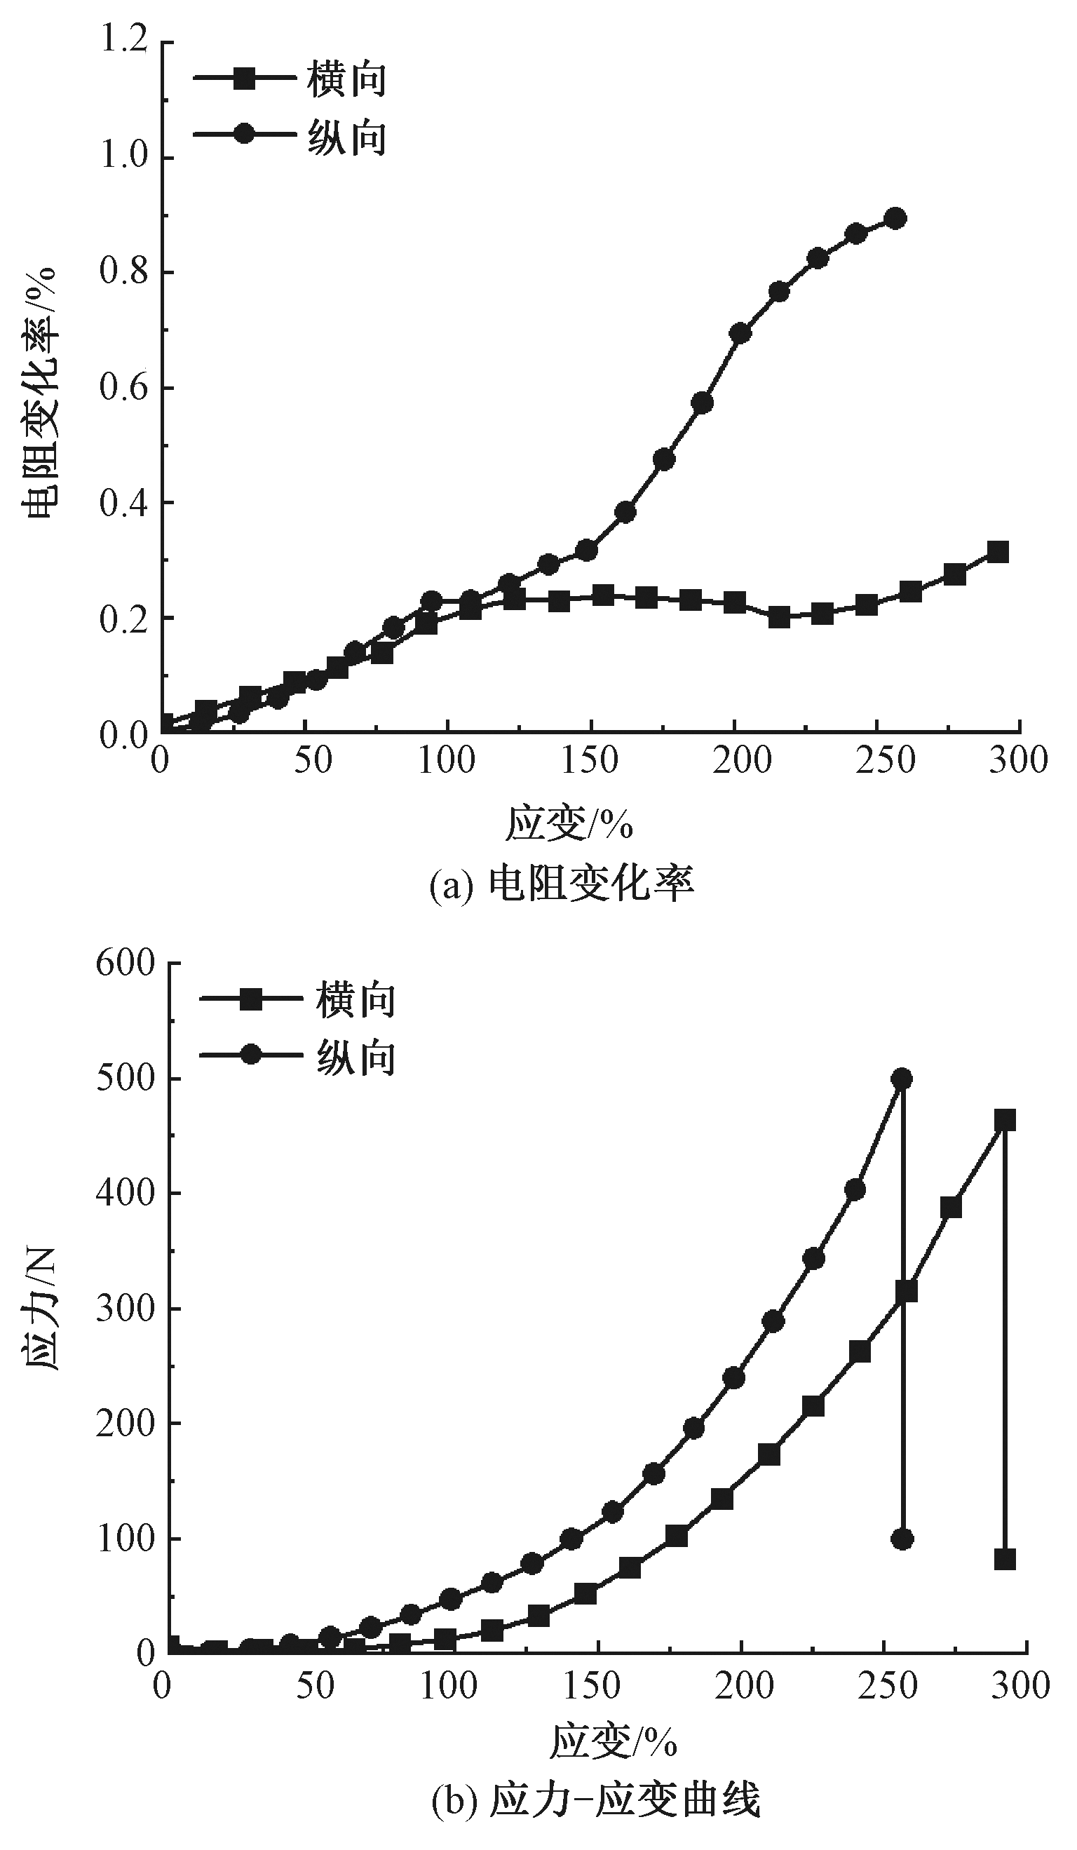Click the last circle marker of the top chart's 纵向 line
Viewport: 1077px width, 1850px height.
pyautogui.click(x=895, y=218)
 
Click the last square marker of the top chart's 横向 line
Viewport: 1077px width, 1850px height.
pyautogui.click(x=998, y=551)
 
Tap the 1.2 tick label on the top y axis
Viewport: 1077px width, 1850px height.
pyautogui.click(x=124, y=41)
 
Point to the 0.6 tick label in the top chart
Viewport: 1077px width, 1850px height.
pyautogui.click(x=124, y=387)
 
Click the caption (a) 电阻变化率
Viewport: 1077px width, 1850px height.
pyautogui.click(x=562, y=884)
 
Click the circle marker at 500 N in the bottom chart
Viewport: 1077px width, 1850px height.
pyautogui.click(x=902, y=1079)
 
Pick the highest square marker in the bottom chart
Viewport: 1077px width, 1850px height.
pyautogui.click(x=1004, y=1120)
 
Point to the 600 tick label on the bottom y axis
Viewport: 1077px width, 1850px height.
pyautogui.click(x=126, y=963)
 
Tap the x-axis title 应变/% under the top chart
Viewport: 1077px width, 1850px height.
pyautogui.click(x=569, y=825)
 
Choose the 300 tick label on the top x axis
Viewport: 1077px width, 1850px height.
pyautogui.click(x=1018, y=759)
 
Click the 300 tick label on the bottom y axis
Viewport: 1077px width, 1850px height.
pyautogui.click(x=126, y=1309)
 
